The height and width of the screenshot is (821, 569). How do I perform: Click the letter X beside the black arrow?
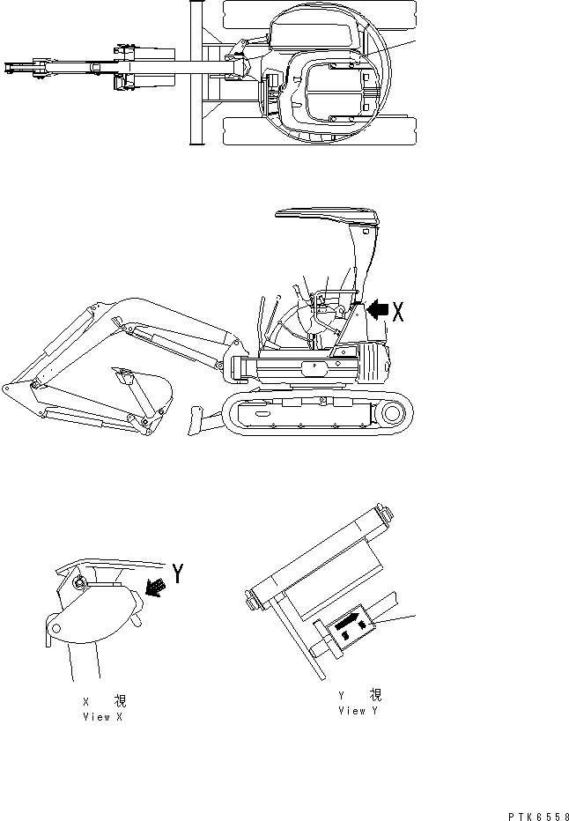[397, 311]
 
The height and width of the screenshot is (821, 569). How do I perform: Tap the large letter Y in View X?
[178, 574]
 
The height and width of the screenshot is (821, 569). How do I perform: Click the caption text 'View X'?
[103, 717]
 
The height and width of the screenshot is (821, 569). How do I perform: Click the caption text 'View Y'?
[358, 710]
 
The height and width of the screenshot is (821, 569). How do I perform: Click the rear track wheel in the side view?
[395, 411]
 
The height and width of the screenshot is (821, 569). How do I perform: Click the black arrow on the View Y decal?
[346, 625]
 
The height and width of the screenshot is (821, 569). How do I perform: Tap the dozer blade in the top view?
[192, 72]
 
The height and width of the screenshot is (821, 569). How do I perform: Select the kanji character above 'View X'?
[119, 702]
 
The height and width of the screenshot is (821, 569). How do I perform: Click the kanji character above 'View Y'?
[375, 695]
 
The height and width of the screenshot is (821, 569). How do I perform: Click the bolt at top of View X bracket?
[81, 581]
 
